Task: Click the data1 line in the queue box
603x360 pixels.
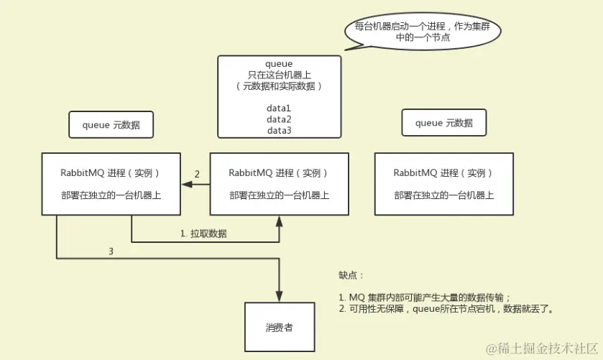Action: point(278,108)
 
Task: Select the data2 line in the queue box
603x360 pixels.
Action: point(278,119)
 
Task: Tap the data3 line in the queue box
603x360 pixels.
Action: point(278,130)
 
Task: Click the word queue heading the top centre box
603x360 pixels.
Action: point(278,64)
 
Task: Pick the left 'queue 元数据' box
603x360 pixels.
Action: point(111,124)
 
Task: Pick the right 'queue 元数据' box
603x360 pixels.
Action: point(443,123)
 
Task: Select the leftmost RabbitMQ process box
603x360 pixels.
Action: point(111,184)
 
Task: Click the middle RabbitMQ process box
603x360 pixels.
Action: point(278,184)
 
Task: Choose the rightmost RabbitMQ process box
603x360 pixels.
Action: point(443,184)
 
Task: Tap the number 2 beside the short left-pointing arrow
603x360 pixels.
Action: point(197,174)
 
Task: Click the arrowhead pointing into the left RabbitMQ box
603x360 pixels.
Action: point(185,185)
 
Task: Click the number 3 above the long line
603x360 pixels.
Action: point(110,251)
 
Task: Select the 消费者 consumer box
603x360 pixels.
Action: point(278,328)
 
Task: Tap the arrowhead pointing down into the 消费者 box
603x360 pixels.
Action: point(278,297)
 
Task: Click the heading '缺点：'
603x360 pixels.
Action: point(352,275)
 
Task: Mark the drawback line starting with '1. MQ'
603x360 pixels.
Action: point(424,297)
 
